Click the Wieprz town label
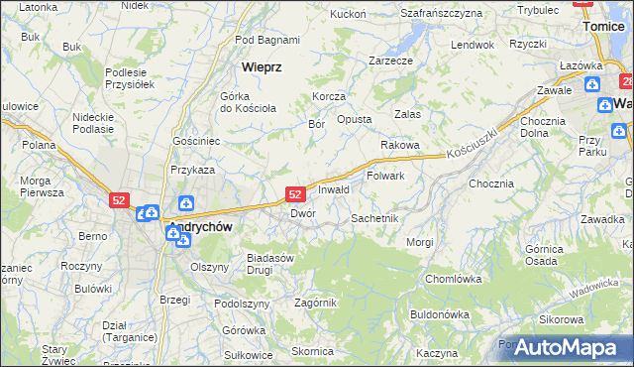pyautogui.click(x=263, y=67)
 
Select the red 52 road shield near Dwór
pyautogui.click(x=294, y=195)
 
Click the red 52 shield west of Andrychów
pyautogui.click(x=119, y=199)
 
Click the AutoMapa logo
pyautogui.click(x=561, y=348)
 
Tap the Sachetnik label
pyautogui.click(x=374, y=217)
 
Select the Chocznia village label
pyautogui.click(x=491, y=183)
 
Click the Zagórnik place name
pyautogui.click(x=315, y=303)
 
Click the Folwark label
pyautogui.click(x=386, y=176)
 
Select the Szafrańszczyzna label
pyautogui.click(x=441, y=13)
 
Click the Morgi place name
pyautogui.click(x=419, y=242)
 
